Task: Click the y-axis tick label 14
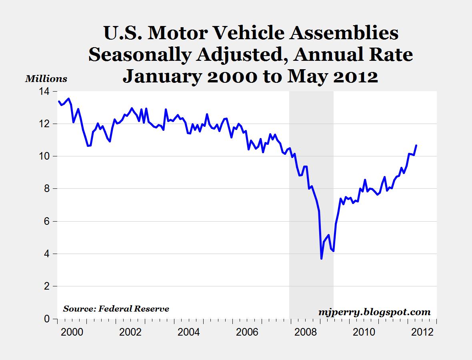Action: [45, 91]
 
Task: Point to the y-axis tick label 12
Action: [45, 124]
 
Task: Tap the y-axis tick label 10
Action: [45, 156]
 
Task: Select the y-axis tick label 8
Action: [47, 189]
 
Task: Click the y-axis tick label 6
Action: [47, 221]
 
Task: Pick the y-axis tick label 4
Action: [47, 254]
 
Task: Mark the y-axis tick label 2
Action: [47, 286]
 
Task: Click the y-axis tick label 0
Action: [47, 319]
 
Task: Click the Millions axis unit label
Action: [46, 79]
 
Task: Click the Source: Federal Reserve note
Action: [116, 309]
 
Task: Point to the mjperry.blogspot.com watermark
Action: [375, 312]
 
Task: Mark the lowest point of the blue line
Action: [321, 259]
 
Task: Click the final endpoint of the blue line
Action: [416, 145]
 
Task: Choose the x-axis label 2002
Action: [130, 333]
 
